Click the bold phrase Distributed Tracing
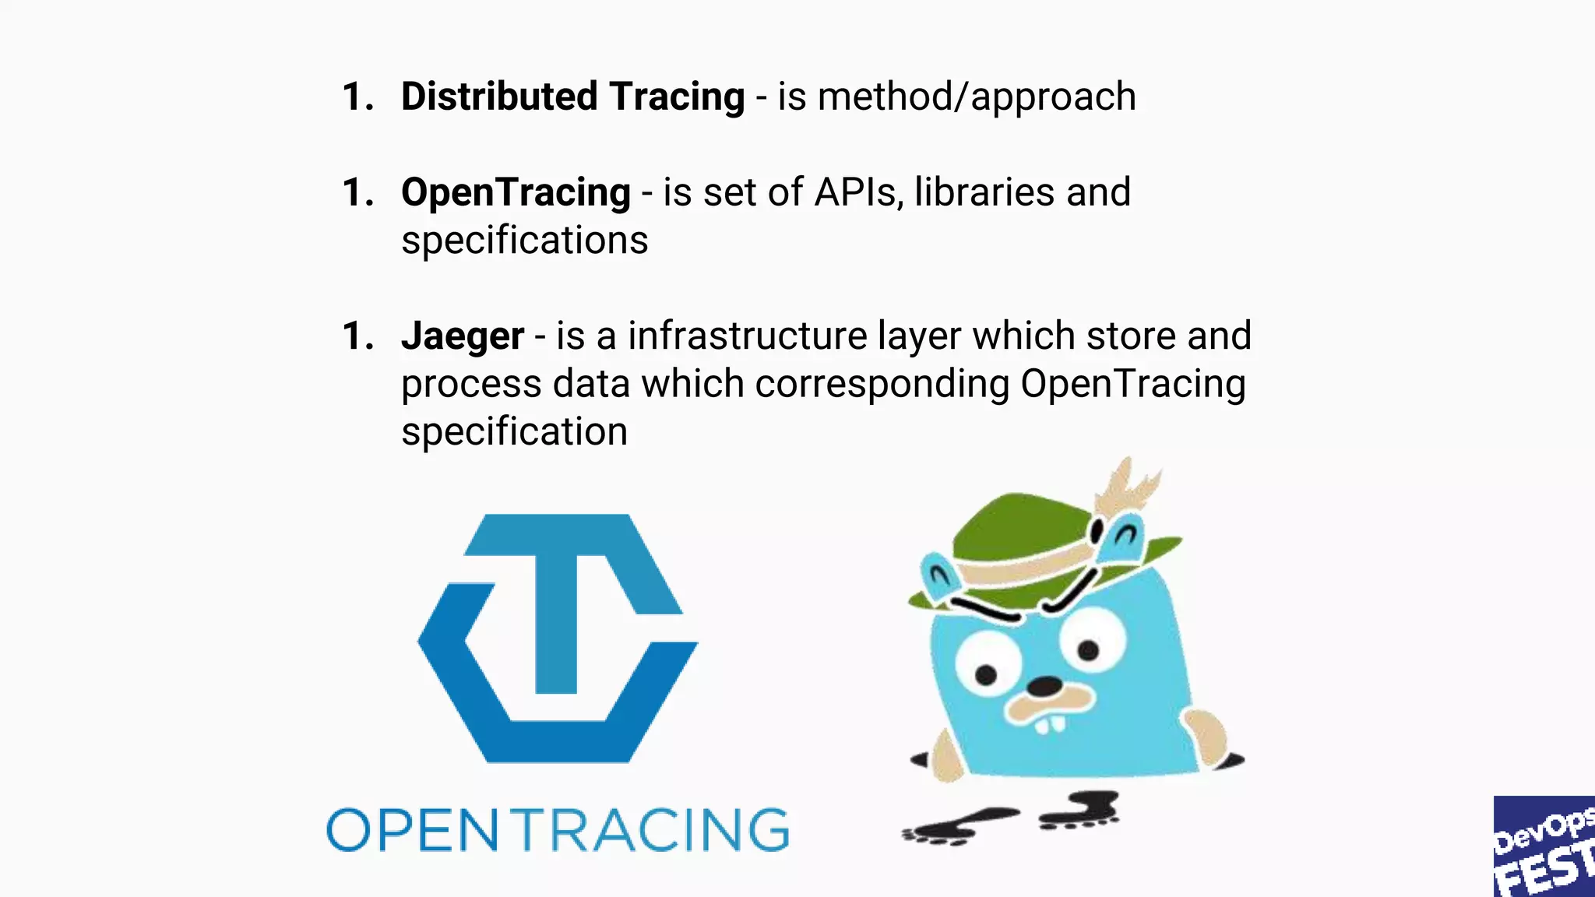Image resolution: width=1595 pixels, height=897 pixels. tap(572, 97)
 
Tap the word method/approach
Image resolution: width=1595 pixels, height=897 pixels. tap(976, 97)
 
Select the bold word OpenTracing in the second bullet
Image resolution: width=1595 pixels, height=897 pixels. tap(516, 192)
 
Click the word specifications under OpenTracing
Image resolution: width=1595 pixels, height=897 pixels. tap(524, 241)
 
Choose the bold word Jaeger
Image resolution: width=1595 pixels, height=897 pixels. tap(463, 336)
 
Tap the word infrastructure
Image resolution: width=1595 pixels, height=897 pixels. tap(748, 336)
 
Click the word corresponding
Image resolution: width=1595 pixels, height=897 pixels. tap(882, 385)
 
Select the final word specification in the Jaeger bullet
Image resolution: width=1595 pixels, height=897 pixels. tap(514, 432)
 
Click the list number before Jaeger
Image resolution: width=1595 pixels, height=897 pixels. tap(357, 336)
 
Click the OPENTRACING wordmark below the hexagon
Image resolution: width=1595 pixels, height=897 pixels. tap(558, 830)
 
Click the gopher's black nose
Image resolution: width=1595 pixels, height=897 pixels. tap(1044, 687)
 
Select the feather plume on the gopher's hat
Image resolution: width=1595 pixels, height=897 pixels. tap(1129, 487)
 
